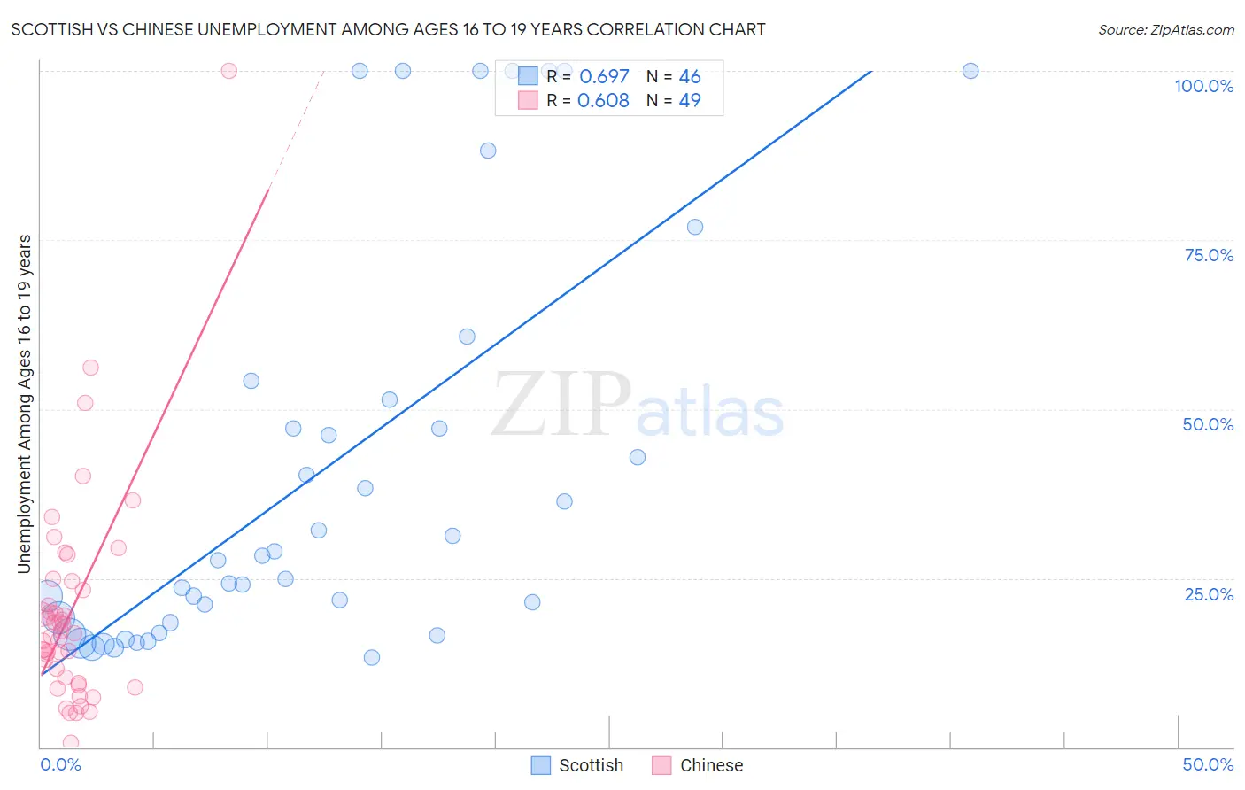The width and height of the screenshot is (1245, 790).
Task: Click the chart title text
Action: coord(388,29)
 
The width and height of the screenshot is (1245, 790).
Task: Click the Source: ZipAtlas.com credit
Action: coord(1165,29)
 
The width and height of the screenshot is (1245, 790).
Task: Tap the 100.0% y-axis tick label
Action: coord(1203,86)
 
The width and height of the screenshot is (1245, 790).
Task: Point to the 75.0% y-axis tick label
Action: coord(1208,255)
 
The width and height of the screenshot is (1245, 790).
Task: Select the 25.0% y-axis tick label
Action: coord(1208,594)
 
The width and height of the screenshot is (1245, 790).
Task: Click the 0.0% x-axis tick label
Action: coord(60,764)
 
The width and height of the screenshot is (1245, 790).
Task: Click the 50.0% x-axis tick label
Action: coord(1208,764)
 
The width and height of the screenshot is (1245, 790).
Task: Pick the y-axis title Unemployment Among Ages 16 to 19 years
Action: coord(24,404)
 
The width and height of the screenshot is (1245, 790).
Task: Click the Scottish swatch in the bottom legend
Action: coord(540,765)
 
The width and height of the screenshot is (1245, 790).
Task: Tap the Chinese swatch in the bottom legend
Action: coord(661,765)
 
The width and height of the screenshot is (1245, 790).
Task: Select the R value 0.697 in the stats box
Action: coord(604,76)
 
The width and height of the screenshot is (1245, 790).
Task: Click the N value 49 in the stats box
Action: coord(689,100)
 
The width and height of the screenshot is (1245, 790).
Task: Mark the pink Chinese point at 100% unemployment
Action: coord(228,71)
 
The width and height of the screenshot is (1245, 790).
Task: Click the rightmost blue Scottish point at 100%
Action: coord(970,71)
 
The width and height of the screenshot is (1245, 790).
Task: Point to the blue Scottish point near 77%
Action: coord(695,227)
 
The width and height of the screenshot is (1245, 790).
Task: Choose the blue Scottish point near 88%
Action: coord(488,151)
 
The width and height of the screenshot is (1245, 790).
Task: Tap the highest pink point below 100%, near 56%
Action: coord(90,368)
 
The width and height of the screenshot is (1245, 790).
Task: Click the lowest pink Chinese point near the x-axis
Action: coord(71,742)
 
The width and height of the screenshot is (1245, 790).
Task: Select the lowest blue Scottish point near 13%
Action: coord(372,657)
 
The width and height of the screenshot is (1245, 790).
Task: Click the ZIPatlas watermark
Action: coord(638,405)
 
